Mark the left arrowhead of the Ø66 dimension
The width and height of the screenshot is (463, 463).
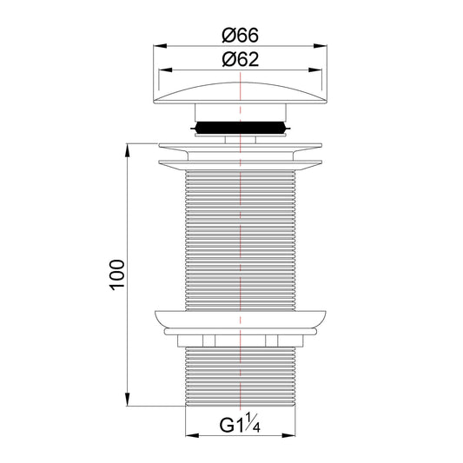(158, 46)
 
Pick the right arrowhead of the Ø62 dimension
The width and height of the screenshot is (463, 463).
(317, 70)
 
